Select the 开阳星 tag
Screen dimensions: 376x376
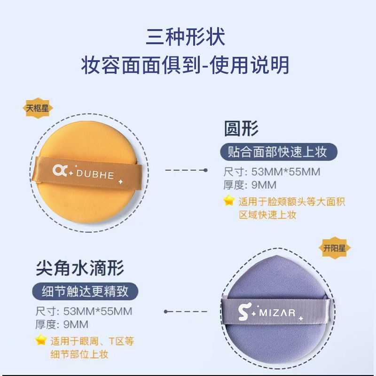point(335,248)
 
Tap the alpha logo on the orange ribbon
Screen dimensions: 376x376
point(61,171)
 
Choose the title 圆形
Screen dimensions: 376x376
point(241,128)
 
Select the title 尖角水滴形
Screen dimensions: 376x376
point(80,269)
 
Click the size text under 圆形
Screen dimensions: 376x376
point(272,172)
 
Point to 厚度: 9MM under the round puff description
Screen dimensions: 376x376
point(250,185)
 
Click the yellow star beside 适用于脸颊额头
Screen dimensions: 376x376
point(229,201)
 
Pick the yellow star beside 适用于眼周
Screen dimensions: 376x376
point(41,340)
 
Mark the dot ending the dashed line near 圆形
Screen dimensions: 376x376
point(205,170)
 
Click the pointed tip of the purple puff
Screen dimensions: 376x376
point(277,257)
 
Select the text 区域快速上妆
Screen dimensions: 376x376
point(268,215)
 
